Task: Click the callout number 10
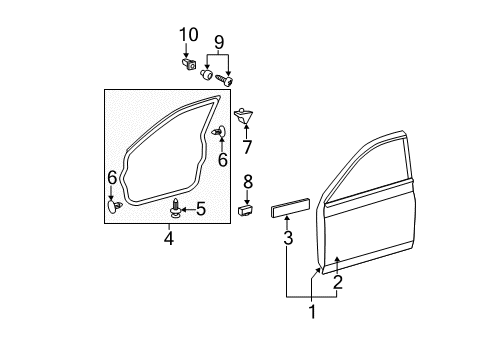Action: [189, 35]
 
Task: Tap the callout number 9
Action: [219, 43]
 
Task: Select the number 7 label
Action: [247, 147]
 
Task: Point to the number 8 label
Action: [248, 182]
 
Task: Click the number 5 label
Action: [201, 209]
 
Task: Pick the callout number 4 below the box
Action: [169, 239]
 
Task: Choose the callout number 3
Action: [288, 238]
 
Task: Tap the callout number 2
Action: [338, 283]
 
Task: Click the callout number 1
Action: [312, 312]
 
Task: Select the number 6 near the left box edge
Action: [112, 177]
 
